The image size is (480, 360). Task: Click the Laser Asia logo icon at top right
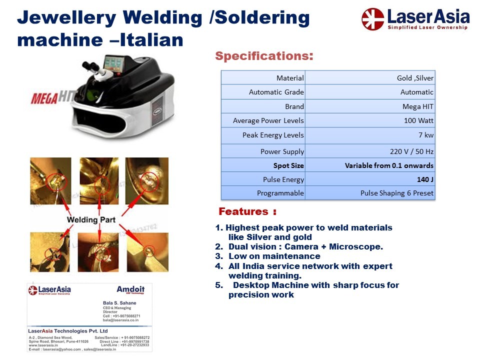(x=373, y=19)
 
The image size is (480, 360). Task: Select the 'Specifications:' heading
(x=264, y=56)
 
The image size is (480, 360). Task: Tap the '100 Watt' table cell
(x=418, y=120)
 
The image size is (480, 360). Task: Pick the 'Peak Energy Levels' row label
(x=273, y=135)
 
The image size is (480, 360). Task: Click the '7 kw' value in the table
(x=425, y=135)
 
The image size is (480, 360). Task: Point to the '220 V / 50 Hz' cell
(x=411, y=151)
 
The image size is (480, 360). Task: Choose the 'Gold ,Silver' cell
(x=415, y=78)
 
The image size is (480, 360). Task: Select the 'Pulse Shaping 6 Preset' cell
(x=397, y=193)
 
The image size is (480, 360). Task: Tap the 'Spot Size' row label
(x=288, y=165)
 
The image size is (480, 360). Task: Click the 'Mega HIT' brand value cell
(x=418, y=106)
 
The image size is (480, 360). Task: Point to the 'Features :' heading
(x=247, y=212)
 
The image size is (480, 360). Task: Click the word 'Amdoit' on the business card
(x=130, y=289)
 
